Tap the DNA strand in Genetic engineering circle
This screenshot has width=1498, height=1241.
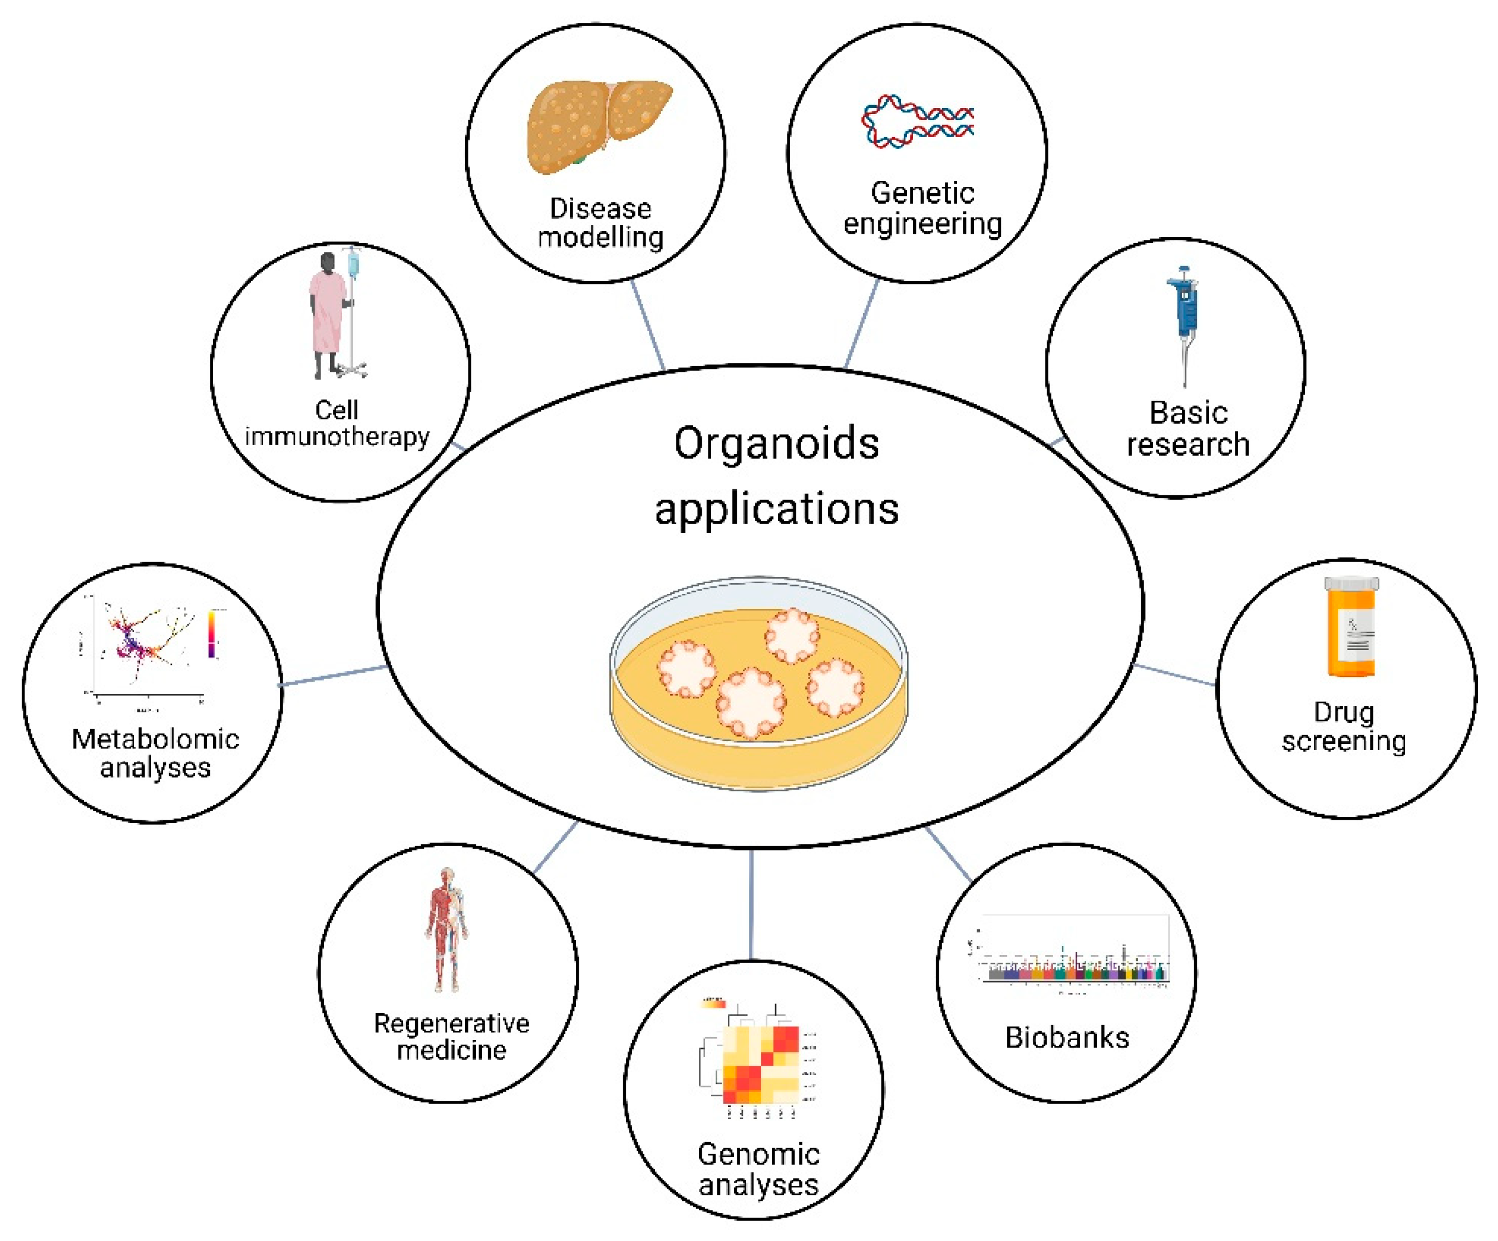pyautogui.click(x=918, y=121)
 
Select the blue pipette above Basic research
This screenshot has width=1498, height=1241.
pyautogui.click(x=1184, y=314)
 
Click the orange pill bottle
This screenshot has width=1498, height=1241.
pyautogui.click(x=1351, y=628)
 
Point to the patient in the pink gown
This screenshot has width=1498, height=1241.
pyautogui.click(x=327, y=314)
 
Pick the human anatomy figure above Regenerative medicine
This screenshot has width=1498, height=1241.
pyautogui.click(x=447, y=927)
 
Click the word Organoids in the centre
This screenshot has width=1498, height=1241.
pyautogui.click(x=776, y=444)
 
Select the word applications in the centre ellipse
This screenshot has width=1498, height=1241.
pyautogui.click(x=776, y=509)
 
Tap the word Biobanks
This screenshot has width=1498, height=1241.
pyautogui.click(x=1067, y=1038)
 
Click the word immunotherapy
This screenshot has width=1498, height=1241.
pyautogui.click(x=337, y=436)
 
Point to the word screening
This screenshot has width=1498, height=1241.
pyautogui.click(x=1344, y=741)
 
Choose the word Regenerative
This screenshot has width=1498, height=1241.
pyautogui.click(x=451, y=1023)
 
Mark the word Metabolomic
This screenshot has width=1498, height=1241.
pyautogui.click(x=155, y=739)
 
